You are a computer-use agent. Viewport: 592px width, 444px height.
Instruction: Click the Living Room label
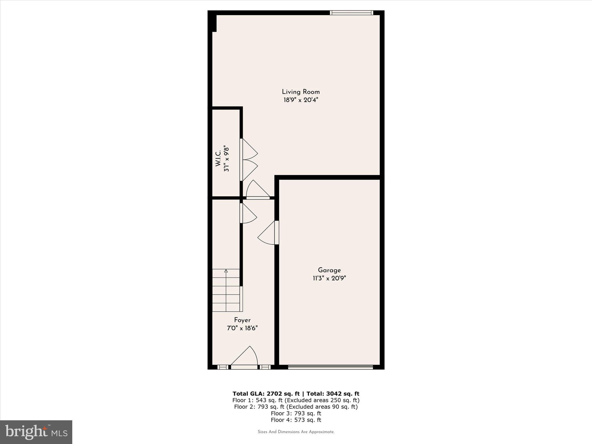[301, 92]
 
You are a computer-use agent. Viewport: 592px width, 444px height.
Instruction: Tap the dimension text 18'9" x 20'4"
[301, 100]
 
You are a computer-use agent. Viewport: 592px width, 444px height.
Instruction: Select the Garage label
[329, 270]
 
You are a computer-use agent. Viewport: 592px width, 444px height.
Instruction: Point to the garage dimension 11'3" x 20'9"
[329, 278]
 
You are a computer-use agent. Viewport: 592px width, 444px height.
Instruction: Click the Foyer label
[242, 320]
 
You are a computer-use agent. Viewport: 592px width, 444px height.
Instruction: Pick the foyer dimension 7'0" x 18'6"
[242, 328]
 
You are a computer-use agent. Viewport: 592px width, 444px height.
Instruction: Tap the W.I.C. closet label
[218, 158]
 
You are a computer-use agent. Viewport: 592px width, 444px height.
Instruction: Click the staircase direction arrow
[226, 271]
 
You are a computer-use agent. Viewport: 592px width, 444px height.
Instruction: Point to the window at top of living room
[351, 13]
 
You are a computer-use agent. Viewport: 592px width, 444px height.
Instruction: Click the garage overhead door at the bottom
[330, 367]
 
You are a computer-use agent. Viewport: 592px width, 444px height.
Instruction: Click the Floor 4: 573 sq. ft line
[296, 420]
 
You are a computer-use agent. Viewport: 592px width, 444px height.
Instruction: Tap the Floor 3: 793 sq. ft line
[296, 413]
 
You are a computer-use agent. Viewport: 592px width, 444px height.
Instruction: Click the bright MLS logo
[36, 432]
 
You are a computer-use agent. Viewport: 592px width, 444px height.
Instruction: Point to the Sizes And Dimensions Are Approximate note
[296, 432]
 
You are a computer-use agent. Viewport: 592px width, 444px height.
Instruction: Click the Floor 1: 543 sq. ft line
[296, 400]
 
